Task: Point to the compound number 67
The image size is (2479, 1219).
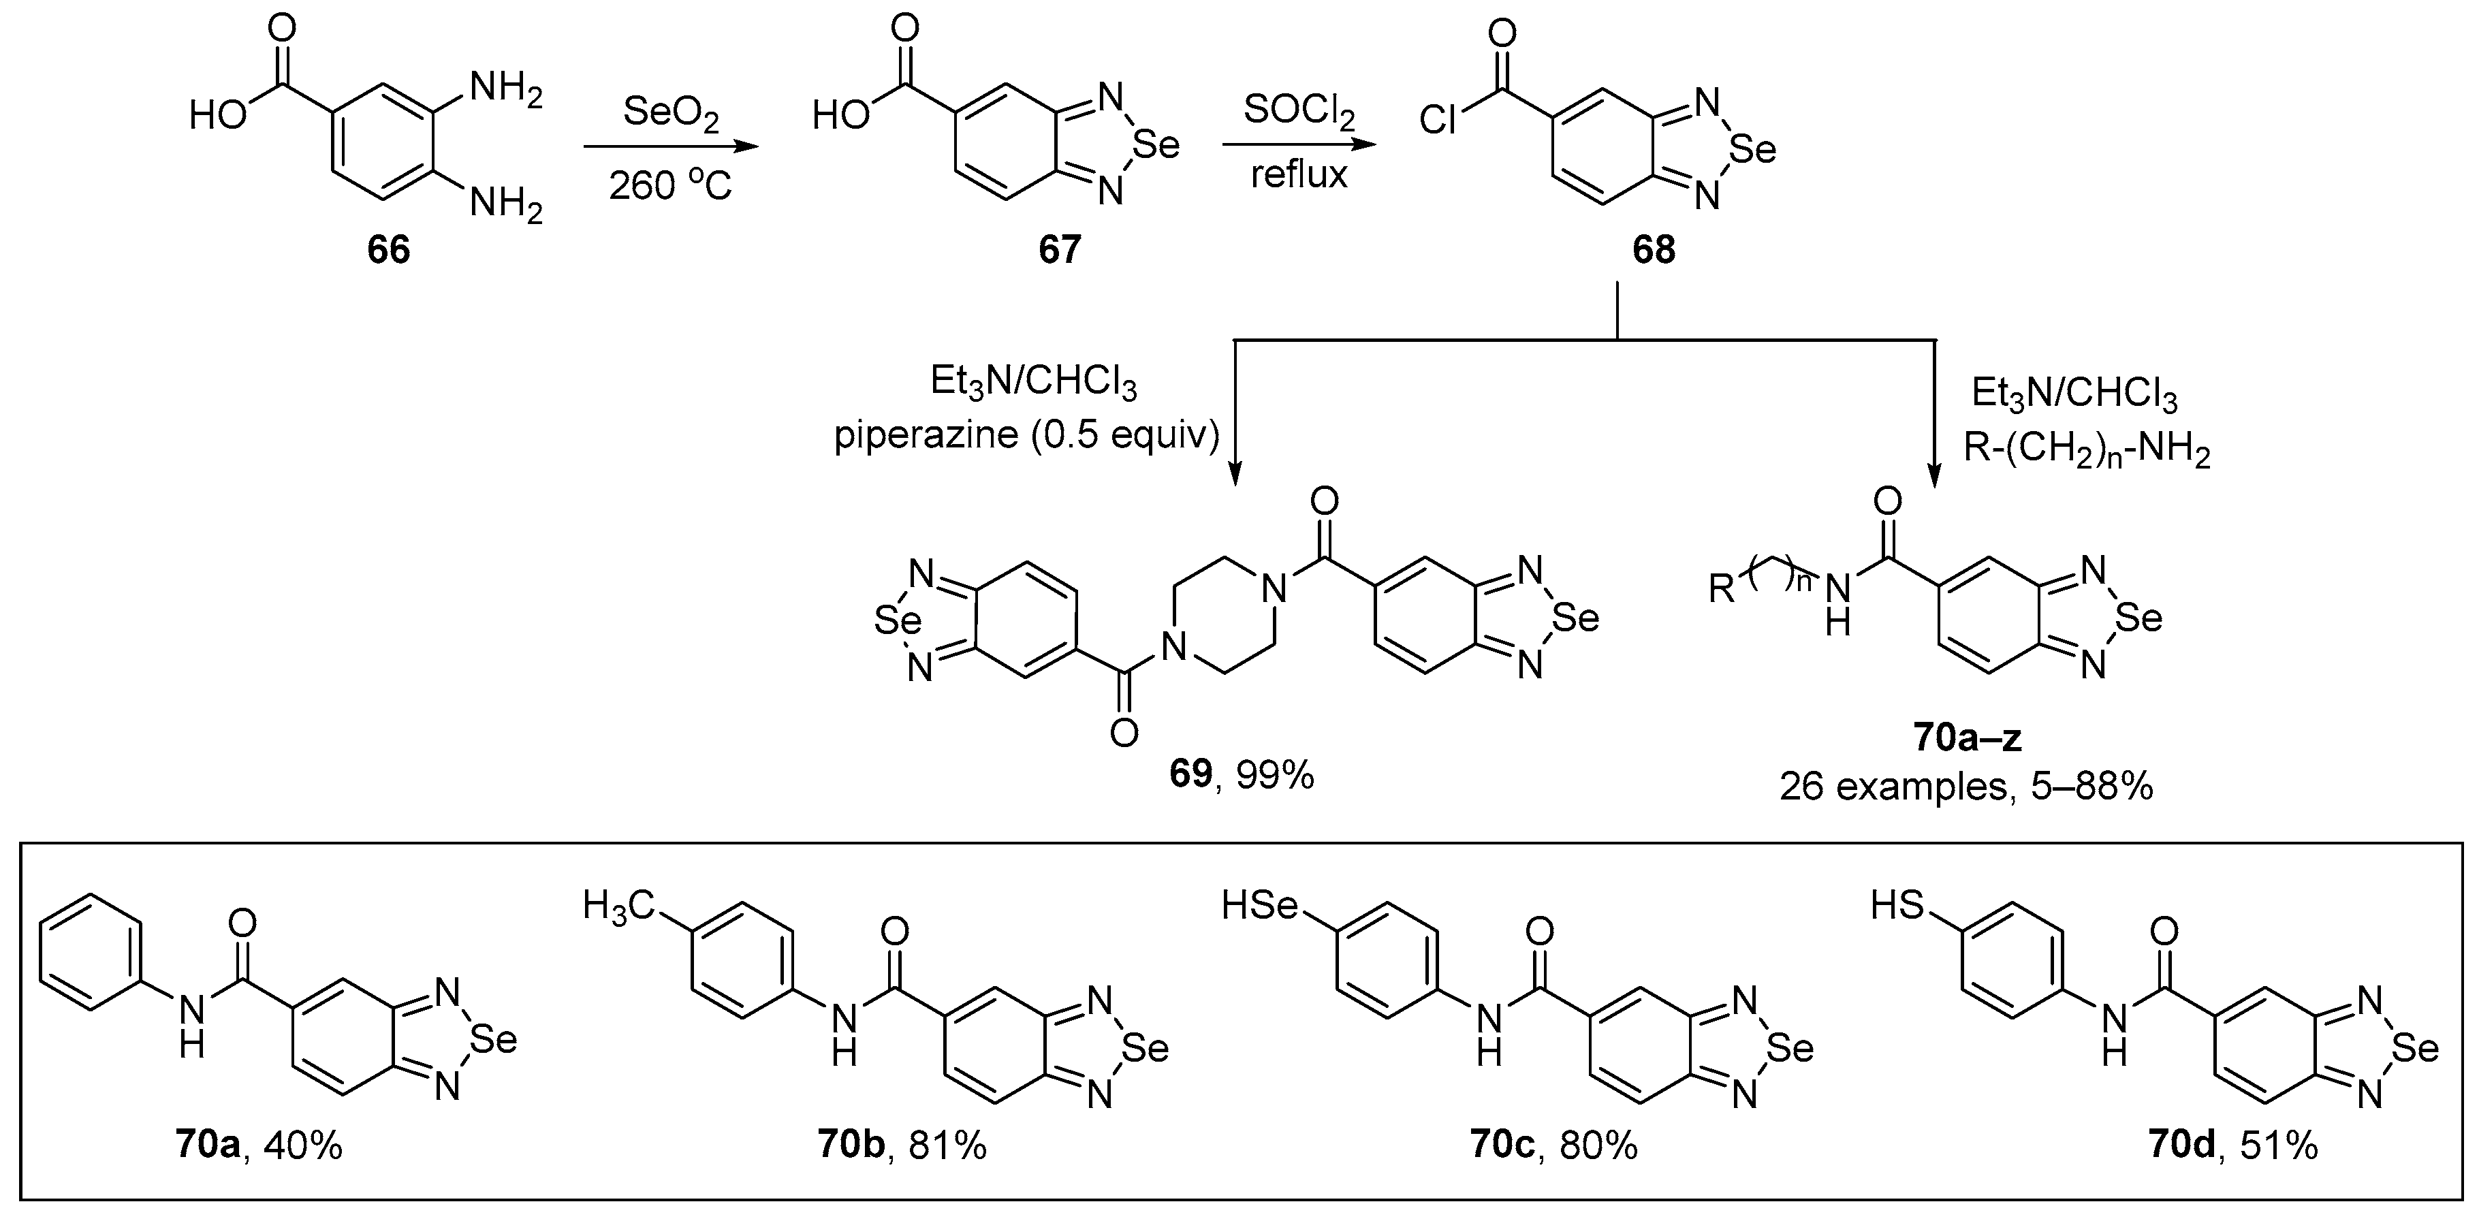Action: (1060, 250)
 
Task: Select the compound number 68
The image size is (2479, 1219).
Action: (1654, 250)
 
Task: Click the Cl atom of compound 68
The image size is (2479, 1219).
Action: (1438, 121)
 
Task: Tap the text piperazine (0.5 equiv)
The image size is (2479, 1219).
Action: (1026, 436)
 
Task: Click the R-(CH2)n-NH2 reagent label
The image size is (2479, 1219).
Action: (2086, 449)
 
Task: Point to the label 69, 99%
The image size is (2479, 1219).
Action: (1242, 774)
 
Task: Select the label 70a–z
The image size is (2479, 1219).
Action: (1967, 738)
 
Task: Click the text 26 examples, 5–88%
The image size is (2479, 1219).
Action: (1966, 787)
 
